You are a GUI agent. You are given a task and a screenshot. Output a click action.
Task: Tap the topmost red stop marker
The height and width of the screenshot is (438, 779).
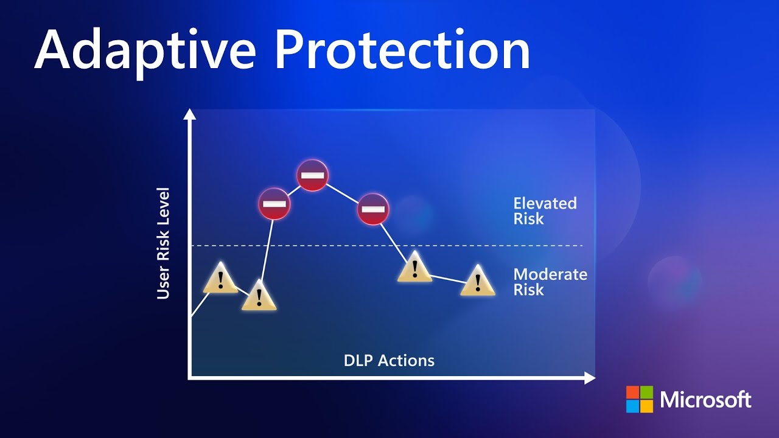pyautogui.click(x=313, y=175)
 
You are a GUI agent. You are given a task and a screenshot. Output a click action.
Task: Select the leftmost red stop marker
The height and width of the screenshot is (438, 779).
pyautogui.click(x=274, y=204)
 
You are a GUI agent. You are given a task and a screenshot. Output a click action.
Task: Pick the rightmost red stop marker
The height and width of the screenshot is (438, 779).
pyautogui.click(x=372, y=209)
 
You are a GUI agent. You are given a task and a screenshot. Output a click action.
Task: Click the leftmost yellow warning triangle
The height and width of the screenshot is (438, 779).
pyautogui.click(x=220, y=279)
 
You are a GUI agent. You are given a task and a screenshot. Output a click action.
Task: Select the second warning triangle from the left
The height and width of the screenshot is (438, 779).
pyautogui.click(x=259, y=296)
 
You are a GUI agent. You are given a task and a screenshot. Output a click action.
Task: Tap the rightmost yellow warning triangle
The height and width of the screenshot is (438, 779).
pyautogui.click(x=478, y=282)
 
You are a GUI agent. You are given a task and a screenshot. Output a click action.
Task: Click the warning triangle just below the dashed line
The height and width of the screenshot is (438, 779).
pyautogui.click(x=414, y=268)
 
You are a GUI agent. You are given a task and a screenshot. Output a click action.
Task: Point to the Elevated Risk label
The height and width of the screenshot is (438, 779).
pyautogui.click(x=544, y=210)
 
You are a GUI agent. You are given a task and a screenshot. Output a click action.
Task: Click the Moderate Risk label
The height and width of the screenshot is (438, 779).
pyautogui.click(x=550, y=282)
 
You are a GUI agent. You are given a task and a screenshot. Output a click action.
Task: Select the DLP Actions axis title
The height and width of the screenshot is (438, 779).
pyautogui.click(x=389, y=360)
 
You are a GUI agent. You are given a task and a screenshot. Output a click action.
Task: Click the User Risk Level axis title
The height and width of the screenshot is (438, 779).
pyautogui.click(x=163, y=243)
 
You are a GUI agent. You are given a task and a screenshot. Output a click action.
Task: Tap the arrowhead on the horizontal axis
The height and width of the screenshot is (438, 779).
pyautogui.click(x=590, y=378)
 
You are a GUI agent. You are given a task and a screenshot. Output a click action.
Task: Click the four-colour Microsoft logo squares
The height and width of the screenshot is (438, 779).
pyautogui.click(x=639, y=399)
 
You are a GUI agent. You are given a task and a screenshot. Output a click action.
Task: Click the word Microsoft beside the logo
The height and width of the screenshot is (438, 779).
pyautogui.click(x=706, y=400)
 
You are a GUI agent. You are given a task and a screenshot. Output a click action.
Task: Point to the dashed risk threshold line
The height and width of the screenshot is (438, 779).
pyautogui.click(x=487, y=246)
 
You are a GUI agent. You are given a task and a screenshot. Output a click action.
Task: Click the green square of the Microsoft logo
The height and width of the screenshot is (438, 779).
pyautogui.click(x=646, y=392)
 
